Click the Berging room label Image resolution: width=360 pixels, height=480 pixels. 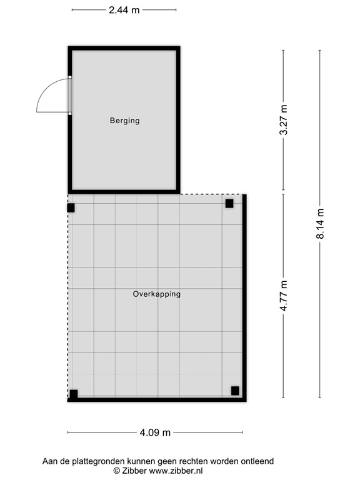[124, 121]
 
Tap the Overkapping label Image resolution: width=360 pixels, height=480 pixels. [157, 294]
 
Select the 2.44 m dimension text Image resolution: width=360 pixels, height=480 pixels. [124, 10]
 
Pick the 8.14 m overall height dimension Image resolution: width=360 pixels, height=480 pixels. [320, 224]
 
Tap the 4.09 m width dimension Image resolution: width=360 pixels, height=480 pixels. [155, 432]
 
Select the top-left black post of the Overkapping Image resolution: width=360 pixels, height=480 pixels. [71, 207]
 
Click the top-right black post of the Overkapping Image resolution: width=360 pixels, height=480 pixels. [229, 203]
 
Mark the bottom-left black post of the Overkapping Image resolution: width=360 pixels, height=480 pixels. [73, 394]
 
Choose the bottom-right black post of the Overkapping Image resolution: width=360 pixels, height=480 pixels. [235, 391]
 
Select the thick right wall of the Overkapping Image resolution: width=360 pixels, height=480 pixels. [244, 297]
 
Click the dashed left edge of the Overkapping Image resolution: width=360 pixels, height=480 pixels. [68, 300]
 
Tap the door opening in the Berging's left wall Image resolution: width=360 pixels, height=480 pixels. [70, 96]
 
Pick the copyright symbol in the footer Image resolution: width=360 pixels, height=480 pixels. [116, 471]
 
